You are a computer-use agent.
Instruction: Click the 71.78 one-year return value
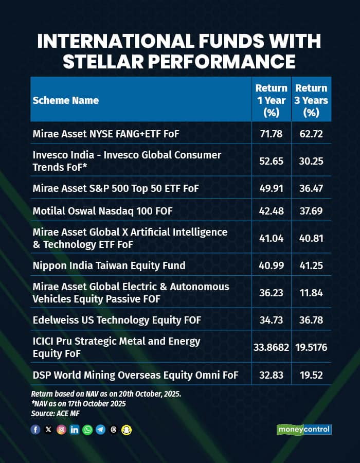pos(271,134)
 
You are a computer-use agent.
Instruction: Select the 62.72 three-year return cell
pos(311,134)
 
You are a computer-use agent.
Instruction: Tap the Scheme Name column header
pos(66,100)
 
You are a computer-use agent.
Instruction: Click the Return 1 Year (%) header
pos(271,100)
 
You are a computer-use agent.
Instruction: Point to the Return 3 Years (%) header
pos(311,100)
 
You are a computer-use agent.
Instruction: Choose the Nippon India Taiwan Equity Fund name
pos(109,265)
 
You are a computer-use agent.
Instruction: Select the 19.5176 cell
pos(311,347)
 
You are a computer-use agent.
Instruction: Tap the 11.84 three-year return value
pos(311,293)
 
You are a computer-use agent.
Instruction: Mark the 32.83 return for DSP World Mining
pos(271,375)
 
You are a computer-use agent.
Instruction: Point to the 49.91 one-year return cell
pos(271,189)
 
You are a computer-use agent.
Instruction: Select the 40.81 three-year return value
pos(311,238)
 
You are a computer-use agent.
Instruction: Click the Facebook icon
pos(35,430)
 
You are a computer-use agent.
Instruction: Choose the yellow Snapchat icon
pos(127,430)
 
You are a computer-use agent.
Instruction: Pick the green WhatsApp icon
pos(87,430)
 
